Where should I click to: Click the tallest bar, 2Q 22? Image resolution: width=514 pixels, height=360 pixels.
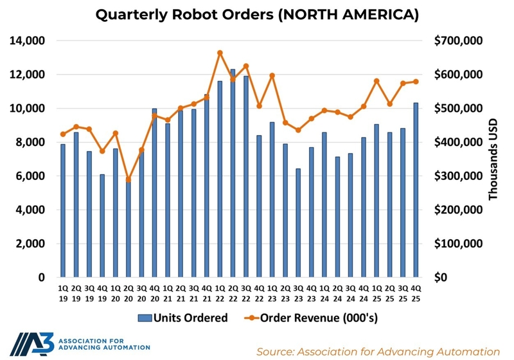[x=233, y=174]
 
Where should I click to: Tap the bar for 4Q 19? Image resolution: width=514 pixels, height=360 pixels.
[x=102, y=226]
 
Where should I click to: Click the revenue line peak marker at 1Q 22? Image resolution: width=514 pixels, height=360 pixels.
[x=220, y=53]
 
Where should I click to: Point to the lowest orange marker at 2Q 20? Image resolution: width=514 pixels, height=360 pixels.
[x=128, y=179]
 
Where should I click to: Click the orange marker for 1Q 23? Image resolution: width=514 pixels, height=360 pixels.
[x=272, y=75]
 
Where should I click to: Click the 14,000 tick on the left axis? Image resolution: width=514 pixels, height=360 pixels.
[x=26, y=40]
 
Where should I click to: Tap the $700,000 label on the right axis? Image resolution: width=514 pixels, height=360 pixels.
[x=459, y=40]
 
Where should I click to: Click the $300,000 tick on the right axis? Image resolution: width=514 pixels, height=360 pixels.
[x=459, y=176]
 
